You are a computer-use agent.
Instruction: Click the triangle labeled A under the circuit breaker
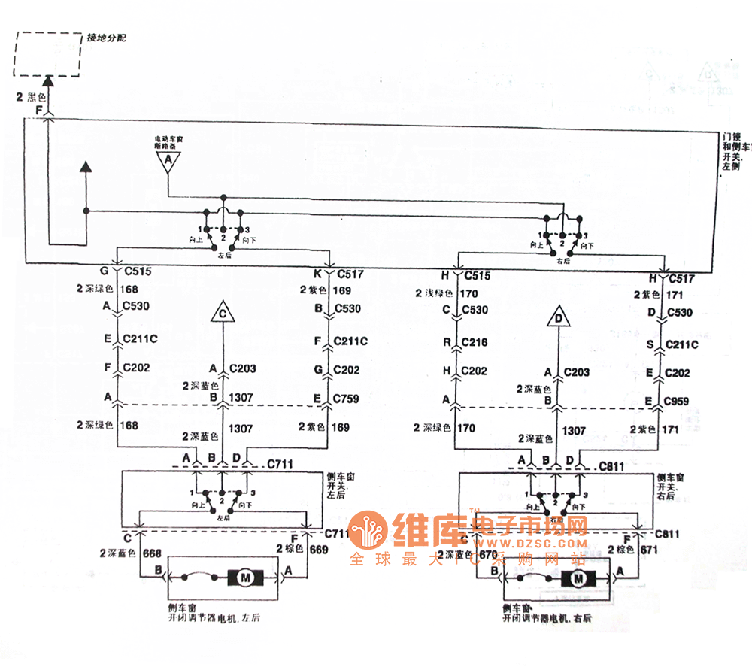pos(168,161)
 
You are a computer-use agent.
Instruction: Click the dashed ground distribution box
pos(47,54)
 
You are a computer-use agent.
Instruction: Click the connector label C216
pos(475,342)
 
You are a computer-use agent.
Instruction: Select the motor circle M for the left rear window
pos(246,578)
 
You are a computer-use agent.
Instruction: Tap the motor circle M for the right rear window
pos(578,578)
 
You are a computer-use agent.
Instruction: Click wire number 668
pos(151,553)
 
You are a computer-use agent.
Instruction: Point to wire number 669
pos(318,550)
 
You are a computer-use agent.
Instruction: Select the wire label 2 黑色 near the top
pos(31,98)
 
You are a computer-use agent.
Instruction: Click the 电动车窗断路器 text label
pos(168,142)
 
